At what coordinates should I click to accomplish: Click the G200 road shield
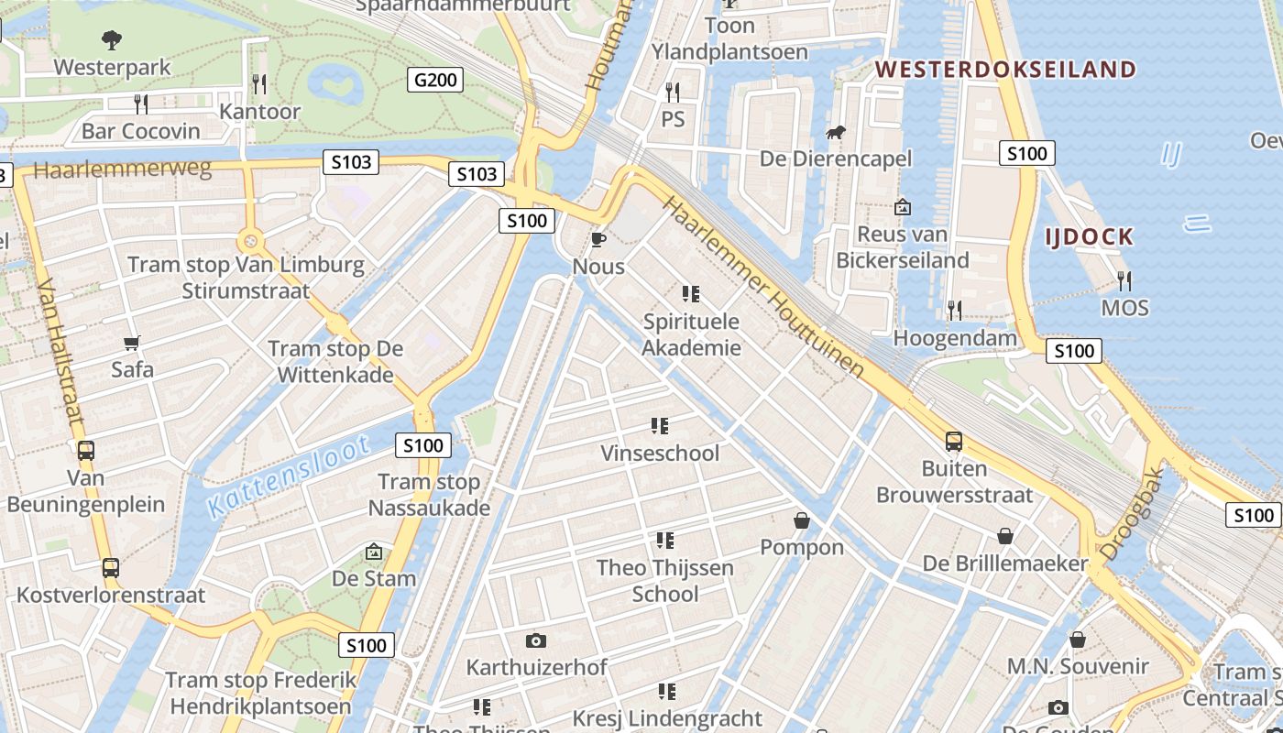pos(435,80)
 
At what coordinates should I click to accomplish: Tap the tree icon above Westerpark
pos(112,39)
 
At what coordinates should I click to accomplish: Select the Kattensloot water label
pos(289,476)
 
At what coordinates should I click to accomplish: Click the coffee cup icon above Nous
pos(598,240)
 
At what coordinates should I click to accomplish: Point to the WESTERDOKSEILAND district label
pos(1005,70)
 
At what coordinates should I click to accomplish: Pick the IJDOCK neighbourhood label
pos(1090,237)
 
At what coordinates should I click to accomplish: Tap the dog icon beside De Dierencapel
pos(835,134)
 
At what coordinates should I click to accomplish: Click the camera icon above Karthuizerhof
pos(536,640)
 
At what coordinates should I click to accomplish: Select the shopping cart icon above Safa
pos(132,344)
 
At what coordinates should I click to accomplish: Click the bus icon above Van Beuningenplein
pos(85,451)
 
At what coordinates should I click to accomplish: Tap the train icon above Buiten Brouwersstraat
pos(954,442)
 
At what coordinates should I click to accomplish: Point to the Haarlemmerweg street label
pos(123,170)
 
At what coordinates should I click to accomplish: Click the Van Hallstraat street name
pos(61,352)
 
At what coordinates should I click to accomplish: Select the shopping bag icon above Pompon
pos(802,520)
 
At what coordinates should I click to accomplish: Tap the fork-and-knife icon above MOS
pos(1124,280)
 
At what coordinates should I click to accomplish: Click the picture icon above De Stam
pos(373,552)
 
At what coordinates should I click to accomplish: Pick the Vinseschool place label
pos(660,454)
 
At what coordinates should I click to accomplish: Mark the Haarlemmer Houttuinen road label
pos(762,287)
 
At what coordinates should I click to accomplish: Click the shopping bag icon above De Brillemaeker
pos(1005,536)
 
